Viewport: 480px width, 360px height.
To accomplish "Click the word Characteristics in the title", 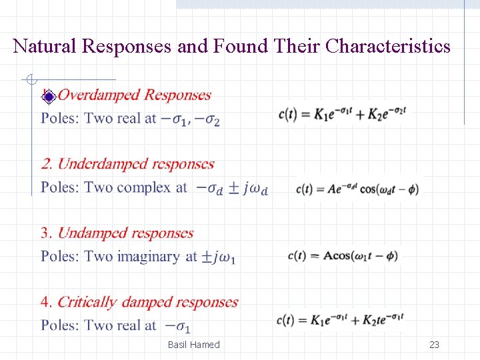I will click(x=387, y=47).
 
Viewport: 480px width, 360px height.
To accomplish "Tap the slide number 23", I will click(x=434, y=345).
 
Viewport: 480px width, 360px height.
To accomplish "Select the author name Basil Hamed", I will click(x=193, y=345).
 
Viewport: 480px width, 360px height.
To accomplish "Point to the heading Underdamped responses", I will click(x=136, y=164).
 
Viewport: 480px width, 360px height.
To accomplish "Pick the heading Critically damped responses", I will click(x=147, y=302).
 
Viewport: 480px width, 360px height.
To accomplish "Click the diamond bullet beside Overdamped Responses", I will click(x=47, y=96).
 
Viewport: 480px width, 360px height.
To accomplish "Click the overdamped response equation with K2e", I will click(x=342, y=113).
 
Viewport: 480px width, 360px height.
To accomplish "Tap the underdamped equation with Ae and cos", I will click(x=357, y=189).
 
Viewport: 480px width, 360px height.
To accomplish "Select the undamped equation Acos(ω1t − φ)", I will click(x=343, y=256).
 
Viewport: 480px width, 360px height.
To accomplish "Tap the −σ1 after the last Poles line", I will click(x=178, y=327).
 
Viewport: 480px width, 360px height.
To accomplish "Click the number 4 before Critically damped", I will click(x=45, y=302).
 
